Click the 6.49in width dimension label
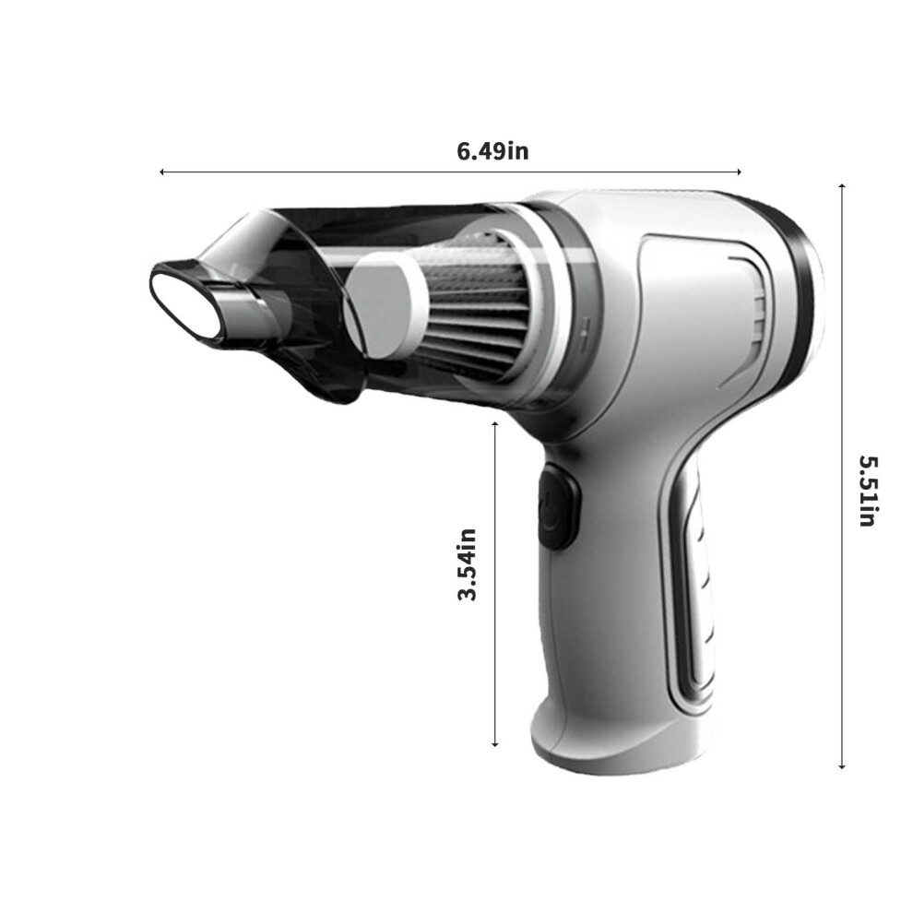point(492,151)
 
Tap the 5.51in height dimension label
point(868,491)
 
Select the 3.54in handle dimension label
point(467,564)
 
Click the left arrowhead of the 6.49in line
point(162,172)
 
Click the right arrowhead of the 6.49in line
point(738,172)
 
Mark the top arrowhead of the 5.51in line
point(842,187)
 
